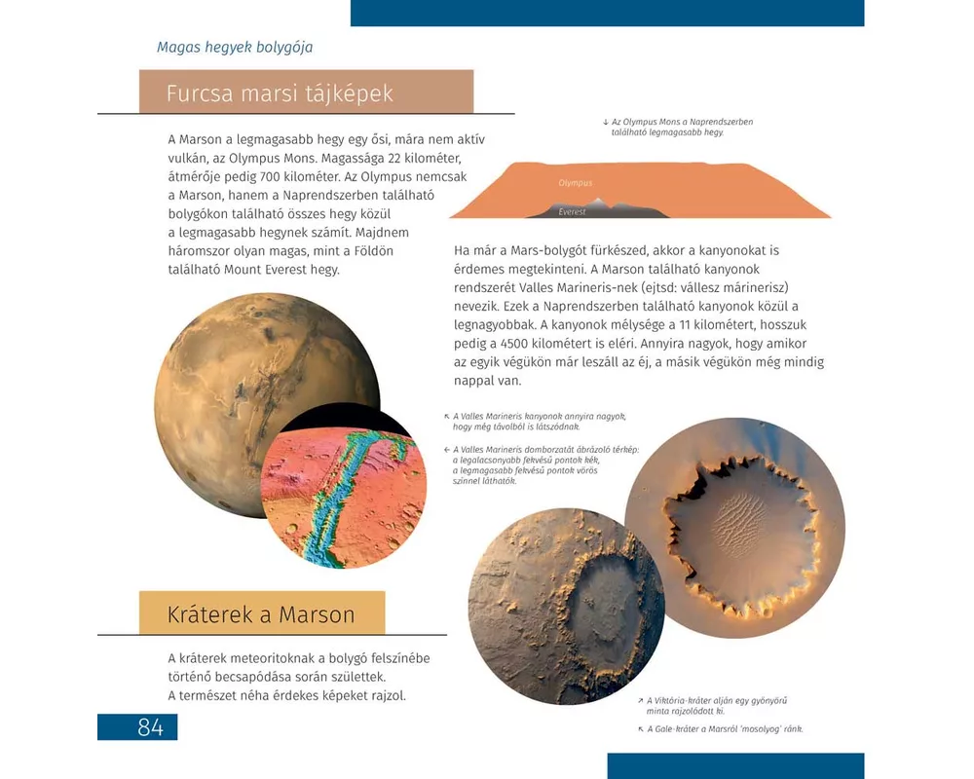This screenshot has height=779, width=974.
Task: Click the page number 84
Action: [x=137, y=726]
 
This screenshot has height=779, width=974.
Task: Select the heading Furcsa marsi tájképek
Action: [x=280, y=93]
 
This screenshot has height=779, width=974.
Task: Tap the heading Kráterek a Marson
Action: [x=261, y=614]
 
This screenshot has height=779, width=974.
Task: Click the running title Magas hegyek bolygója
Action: [x=235, y=47]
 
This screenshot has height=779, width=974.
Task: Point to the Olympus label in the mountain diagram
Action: [x=575, y=183]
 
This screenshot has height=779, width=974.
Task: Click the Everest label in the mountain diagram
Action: [x=573, y=211]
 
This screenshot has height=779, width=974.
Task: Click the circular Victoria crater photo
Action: [x=734, y=528]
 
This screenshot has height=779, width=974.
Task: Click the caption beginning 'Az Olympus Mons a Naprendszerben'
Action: [x=682, y=127]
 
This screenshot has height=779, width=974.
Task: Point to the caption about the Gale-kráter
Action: [x=726, y=729]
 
